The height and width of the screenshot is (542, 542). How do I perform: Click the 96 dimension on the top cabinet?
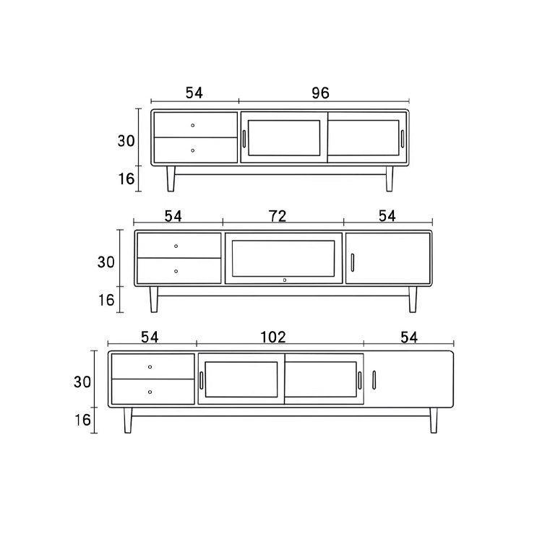tap(320, 93)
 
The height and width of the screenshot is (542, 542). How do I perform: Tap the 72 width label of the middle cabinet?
tap(278, 215)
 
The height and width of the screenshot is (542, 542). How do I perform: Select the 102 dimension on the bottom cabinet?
tap(273, 337)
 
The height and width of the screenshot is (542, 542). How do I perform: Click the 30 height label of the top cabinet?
tap(126, 141)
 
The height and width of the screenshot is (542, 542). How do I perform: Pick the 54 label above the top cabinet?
tap(194, 93)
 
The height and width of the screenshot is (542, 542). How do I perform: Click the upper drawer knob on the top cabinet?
tap(193, 126)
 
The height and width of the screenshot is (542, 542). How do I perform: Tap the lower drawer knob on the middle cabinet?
tap(176, 271)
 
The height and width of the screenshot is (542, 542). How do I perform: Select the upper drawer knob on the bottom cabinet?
tap(150, 367)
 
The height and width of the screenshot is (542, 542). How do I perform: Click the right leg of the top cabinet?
tap(390, 178)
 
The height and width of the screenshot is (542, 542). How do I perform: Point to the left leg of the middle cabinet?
tap(154, 299)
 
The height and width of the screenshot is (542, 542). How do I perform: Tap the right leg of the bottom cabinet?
tap(434, 420)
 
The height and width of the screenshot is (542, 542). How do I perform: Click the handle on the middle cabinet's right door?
tap(352, 262)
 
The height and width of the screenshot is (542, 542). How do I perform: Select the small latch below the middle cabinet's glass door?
tap(284, 279)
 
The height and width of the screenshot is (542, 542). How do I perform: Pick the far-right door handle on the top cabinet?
tap(403, 139)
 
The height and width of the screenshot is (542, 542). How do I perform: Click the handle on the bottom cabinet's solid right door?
tap(374, 379)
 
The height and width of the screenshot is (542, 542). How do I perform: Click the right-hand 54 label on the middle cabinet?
tap(387, 215)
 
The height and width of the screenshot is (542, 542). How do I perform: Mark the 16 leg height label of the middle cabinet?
tap(106, 300)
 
